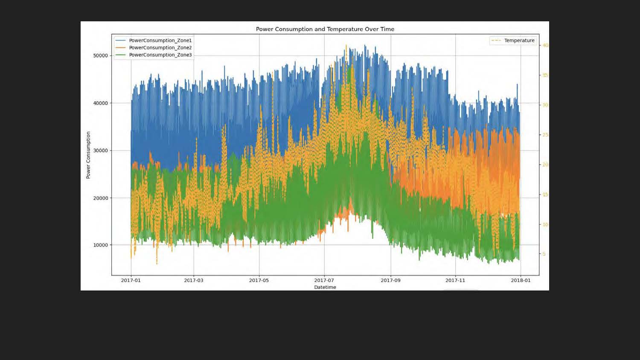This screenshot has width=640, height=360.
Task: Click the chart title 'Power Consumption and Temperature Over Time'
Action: (x=325, y=29)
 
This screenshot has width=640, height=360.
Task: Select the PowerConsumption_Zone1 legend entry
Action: (x=160, y=41)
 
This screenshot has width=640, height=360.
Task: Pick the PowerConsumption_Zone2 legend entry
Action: (x=160, y=48)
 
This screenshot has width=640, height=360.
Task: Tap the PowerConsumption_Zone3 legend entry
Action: (x=160, y=55)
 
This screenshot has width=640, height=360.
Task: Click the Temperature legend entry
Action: (x=519, y=41)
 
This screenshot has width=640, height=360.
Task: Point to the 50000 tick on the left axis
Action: (x=101, y=55)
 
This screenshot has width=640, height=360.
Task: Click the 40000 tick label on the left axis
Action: (x=101, y=103)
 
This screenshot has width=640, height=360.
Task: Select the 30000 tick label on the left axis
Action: (x=101, y=151)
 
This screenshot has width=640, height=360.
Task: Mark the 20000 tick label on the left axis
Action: (x=101, y=198)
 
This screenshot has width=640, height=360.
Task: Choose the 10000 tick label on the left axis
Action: (x=101, y=245)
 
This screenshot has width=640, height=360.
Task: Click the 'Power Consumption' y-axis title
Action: (x=88, y=155)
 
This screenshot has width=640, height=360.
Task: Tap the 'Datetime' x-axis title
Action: (x=325, y=287)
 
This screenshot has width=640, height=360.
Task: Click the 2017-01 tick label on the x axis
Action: (x=131, y=280)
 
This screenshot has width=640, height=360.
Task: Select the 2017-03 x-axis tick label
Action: (x=194, y=280)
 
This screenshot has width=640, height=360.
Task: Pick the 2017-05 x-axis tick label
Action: (x=259, y=280)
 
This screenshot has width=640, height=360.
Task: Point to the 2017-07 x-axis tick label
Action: (x=324, y=280)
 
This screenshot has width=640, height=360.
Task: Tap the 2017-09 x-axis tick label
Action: (x=390, y=280)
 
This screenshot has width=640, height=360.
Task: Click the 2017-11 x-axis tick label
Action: (x=455, y=280)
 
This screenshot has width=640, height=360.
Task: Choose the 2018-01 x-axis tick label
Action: (x=521, y=280)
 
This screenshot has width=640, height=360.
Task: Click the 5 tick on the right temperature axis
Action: (x=544, y=254)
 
